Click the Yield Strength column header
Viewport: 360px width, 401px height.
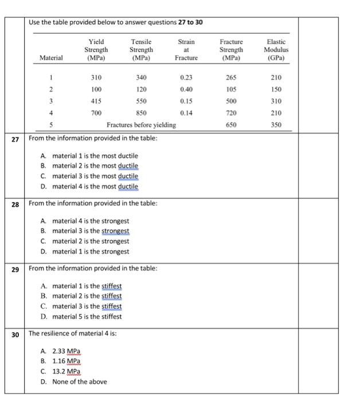[96, 50]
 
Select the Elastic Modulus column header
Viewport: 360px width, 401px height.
[276, 50]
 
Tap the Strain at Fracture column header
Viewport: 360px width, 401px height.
[186, 50]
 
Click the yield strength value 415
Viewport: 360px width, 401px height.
[96, 101]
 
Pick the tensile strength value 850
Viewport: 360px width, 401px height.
[141, 113]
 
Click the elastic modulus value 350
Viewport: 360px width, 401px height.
[276, 124]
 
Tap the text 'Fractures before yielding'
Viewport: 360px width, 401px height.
[141, 124]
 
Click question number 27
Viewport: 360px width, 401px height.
[15, 139]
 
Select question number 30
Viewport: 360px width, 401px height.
[15, 334]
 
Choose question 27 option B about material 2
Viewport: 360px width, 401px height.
[89, 166]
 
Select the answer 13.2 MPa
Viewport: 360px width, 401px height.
[61, 372]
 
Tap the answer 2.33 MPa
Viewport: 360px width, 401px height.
[61, 351]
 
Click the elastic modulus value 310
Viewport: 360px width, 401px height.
[276, 101]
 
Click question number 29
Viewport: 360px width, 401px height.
[15, 269]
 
